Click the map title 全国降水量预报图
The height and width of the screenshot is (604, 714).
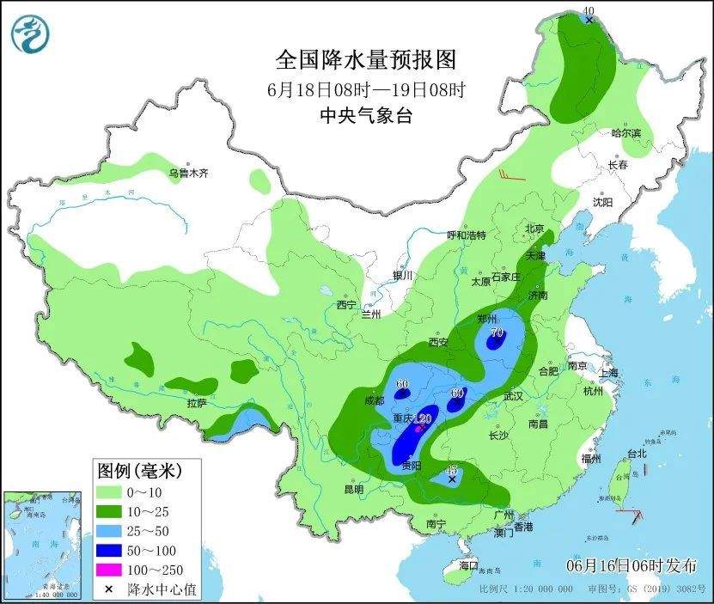pyautogui.click(x=365, y=60)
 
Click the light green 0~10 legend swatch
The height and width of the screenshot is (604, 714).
pyautogui.click(x=108, y=493)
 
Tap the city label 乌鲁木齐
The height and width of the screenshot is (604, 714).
pyautogui.click(x=188, y=174)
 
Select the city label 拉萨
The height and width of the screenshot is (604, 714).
pyautogui.click(x=197, y=403)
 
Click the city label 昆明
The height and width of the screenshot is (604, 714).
pyautogui.click(x=353, y=490)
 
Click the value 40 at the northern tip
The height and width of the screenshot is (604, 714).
pyautogui.click(x=589, y=11)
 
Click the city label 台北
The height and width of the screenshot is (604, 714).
pyautogui.click(x=636, y=453)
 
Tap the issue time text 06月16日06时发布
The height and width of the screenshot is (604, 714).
pyautogui.click(x=632, y=565)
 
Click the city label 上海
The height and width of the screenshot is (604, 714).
pyautogui.click(x=608, y=373)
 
